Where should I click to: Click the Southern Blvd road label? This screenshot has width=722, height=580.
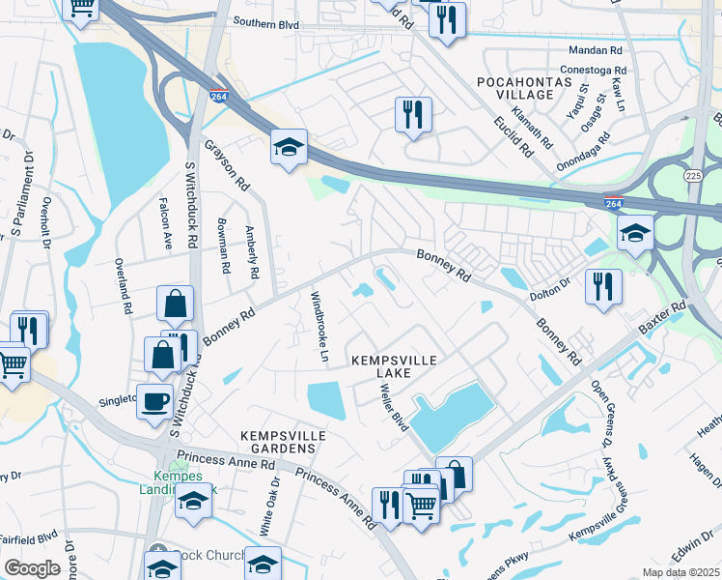[264, 21]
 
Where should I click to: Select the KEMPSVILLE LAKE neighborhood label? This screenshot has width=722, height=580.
[394, 366]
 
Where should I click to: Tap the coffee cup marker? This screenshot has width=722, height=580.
[154, 401]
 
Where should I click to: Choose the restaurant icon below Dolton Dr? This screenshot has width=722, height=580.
[603, 287]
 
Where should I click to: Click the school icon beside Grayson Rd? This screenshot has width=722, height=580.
[289, 148]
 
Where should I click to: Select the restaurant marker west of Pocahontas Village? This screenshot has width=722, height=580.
[412, 115]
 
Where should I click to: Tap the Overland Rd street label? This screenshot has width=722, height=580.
[125, 285]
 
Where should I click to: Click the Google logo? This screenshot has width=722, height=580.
[32, 568]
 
